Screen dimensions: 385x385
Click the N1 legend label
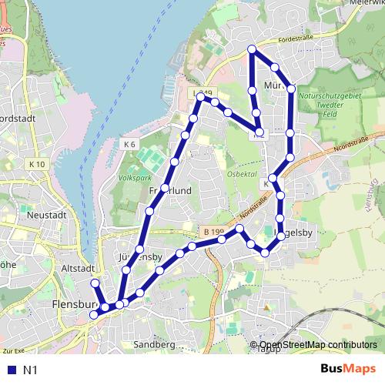[x=30, y=370]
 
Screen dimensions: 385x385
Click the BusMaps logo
[x=348, y=370]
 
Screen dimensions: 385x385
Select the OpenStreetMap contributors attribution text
[x=318, y=346]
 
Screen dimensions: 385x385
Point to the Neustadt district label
[x=44, y=216]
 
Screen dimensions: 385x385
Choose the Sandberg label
[x=154, y=344]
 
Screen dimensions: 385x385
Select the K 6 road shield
[x=129, y=144]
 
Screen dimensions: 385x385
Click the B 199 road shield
[x=215, y=230]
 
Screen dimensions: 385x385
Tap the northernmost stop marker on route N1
[x=252, y=50]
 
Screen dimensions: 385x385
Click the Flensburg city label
[x=71, y=305]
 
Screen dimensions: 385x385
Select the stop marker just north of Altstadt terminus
[x=95, y=283]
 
